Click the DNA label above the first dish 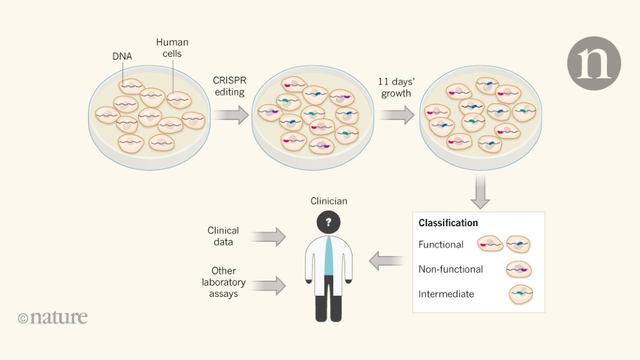[122, 56]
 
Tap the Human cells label [172, 48]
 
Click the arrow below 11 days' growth [396, 115]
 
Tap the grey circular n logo [593, 63]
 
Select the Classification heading [448, 223]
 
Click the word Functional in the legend [441, 244]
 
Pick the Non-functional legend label [451, 269]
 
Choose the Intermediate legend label [446, 294]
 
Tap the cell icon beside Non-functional [519, 269]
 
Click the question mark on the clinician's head [328, 222]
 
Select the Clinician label [329, 201]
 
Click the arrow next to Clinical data [269, 237]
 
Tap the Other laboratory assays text [223, 282]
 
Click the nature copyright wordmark [53, 317]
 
